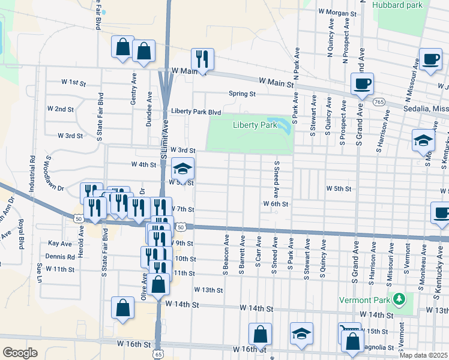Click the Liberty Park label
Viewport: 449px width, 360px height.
click(255, 125)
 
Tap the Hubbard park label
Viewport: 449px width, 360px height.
click(397, 5)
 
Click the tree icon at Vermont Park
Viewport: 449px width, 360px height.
click(398, 299)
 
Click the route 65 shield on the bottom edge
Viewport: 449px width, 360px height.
click(158, 355)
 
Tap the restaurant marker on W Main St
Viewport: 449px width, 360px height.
click(202, 59)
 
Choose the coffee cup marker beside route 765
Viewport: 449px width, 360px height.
click(361, 84)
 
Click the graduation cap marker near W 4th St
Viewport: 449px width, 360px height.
click(183, 169)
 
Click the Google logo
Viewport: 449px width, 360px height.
click(20, 353)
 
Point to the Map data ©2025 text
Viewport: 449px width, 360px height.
click(424, 355)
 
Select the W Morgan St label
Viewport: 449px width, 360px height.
click(337, 11)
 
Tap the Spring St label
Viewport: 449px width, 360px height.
click(242, 94)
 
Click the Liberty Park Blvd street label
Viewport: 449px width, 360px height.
click(196, 112)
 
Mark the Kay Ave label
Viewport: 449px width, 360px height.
click(60, 244)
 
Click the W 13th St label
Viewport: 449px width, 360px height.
click(208, 290)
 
